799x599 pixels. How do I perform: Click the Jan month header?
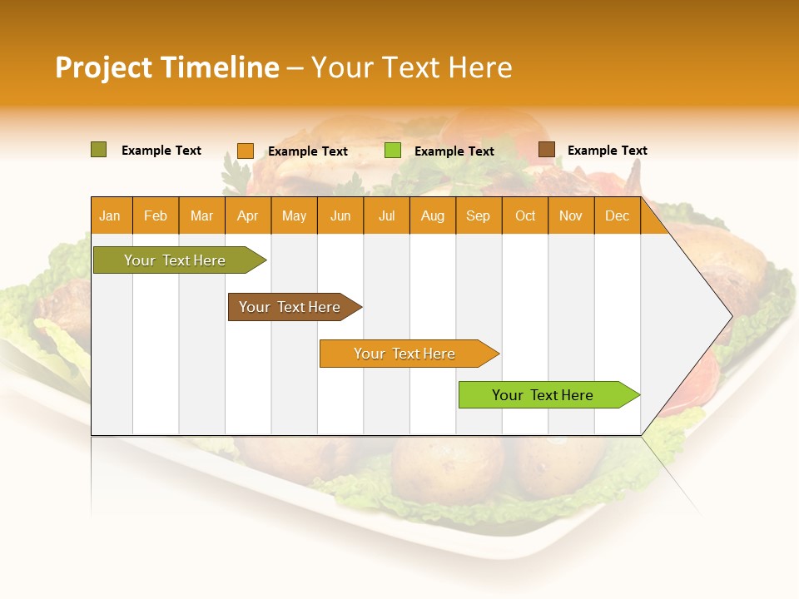111,215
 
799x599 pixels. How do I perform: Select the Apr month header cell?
248,215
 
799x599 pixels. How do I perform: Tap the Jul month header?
386,215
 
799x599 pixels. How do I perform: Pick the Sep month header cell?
479,215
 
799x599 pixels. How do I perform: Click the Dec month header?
617,215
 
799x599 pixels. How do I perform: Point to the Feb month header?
156,215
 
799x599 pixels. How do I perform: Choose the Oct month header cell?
525,215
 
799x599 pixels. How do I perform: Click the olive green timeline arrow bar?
175,260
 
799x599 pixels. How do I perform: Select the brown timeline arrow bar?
290,307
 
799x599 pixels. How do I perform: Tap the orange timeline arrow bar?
404,354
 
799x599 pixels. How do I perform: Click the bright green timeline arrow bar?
543,395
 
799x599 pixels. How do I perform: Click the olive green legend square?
99,150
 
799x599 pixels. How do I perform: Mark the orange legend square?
246,151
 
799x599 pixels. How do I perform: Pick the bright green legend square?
393,151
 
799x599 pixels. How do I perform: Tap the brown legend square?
546,150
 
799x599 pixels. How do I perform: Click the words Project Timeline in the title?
166,67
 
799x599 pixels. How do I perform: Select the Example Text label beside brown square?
607,151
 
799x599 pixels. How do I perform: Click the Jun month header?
340,215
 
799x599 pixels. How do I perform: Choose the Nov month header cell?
571,215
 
